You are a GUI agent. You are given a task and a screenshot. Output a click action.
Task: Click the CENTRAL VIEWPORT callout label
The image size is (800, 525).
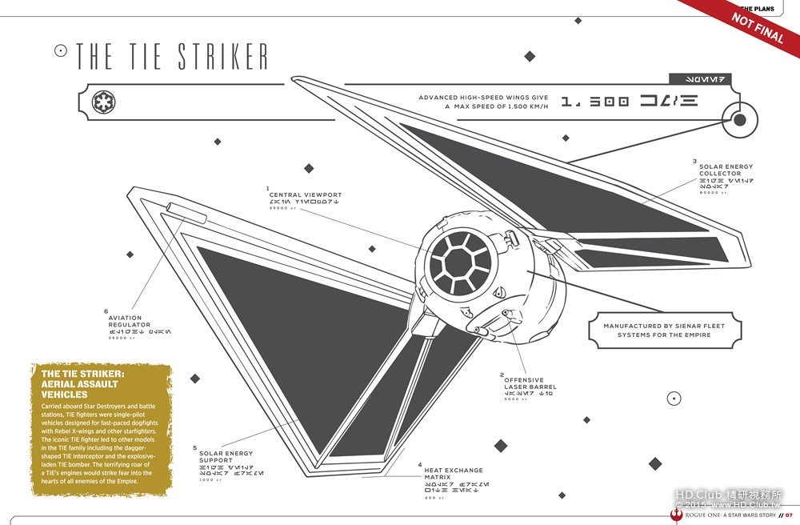point(305,194)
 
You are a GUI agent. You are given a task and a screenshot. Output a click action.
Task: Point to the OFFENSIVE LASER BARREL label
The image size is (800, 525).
point(530,383)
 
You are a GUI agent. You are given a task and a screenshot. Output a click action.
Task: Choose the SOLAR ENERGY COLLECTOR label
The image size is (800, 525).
point(725,170)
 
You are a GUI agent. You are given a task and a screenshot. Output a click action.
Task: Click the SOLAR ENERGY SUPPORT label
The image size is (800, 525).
point(227,456)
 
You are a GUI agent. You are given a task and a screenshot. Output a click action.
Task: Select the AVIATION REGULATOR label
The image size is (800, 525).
point(129,321)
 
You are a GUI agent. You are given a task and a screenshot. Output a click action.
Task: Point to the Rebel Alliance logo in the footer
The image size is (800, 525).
point(677,515)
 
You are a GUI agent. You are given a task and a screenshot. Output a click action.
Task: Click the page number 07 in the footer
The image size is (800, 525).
point(789,515)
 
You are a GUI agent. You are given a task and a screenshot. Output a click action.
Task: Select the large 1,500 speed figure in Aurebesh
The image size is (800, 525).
point(629,101)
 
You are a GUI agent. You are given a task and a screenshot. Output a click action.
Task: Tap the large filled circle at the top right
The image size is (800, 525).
point(739,120)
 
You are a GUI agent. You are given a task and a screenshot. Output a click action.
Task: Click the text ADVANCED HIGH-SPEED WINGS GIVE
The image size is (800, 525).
point(483,98)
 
